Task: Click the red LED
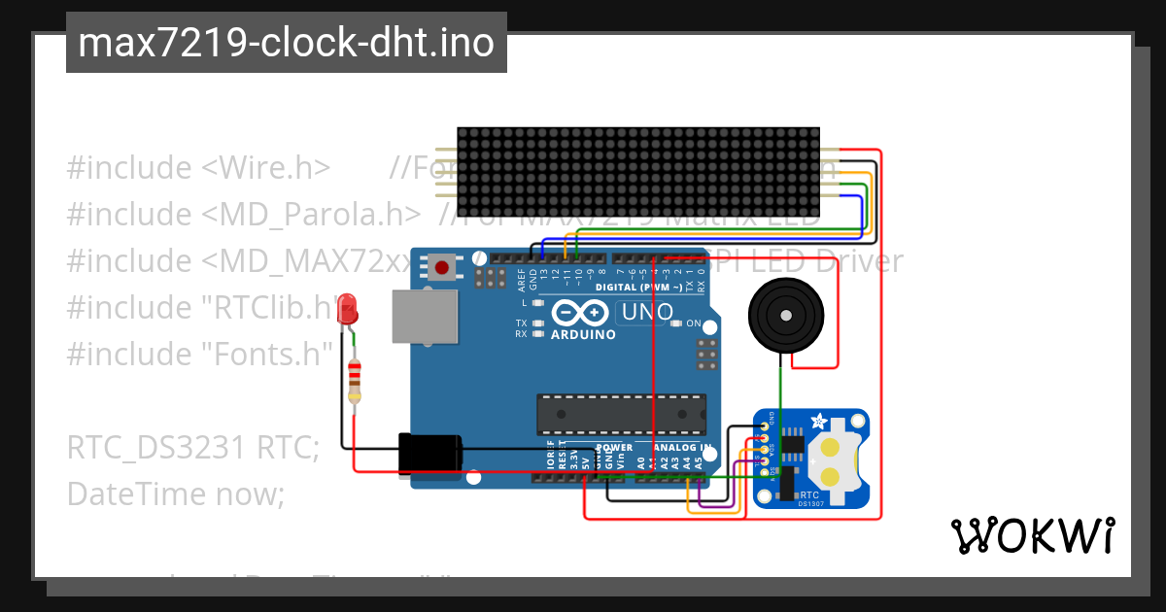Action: point(347,310)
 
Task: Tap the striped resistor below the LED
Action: point(354,379)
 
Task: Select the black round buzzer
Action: point(785,315)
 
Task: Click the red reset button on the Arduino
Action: point(443,266)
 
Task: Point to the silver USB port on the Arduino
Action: point(425,316)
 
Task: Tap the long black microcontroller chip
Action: point(622,414)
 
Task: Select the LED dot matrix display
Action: point(639,172)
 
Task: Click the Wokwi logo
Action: point(1032,535)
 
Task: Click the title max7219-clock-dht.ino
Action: point(286,43)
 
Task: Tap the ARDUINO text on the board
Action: point(583,334)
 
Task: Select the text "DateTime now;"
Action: point(176,494)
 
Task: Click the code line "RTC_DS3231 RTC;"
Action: point(193,448)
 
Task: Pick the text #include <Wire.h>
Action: point(198,168)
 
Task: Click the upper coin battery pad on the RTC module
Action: point(831,448)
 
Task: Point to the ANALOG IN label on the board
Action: point(684,448)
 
